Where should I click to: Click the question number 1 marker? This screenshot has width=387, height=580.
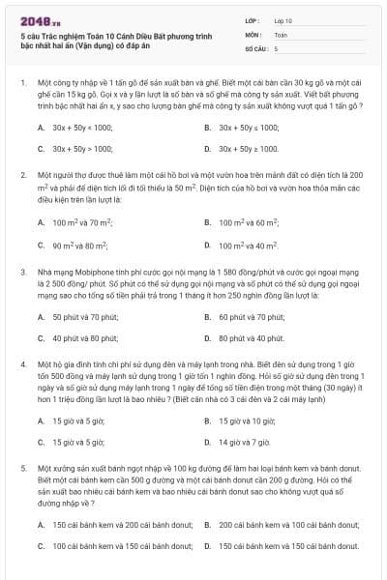[22, 83]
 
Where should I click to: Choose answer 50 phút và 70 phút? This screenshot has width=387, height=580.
[85, 316]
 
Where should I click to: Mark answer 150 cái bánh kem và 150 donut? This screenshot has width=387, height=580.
[281, 546]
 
